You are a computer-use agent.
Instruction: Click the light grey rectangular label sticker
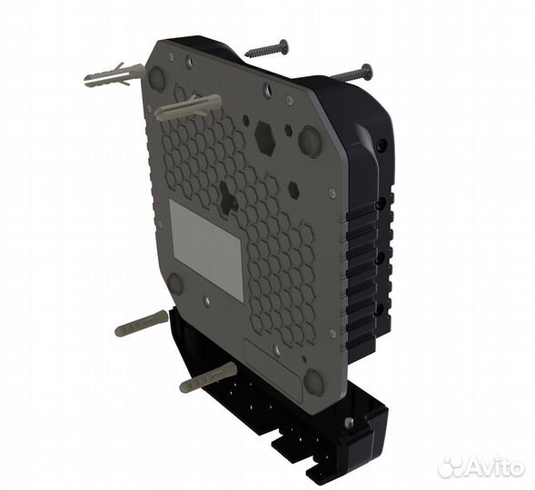coord(206,250)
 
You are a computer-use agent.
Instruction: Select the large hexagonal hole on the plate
coord(265,138)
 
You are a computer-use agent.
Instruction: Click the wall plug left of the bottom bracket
coord(141,323)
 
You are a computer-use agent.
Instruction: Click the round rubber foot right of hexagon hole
coord(310,142)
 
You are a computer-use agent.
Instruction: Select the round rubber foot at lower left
coord(174,284)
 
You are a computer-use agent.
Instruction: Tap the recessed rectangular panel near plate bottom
coord(272,355)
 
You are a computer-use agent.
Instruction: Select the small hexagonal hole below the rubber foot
coord(293,190)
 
